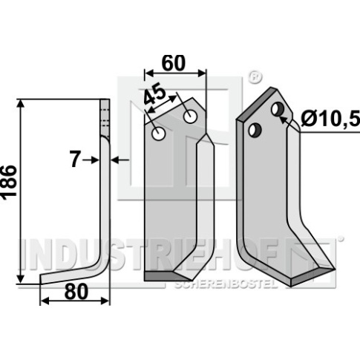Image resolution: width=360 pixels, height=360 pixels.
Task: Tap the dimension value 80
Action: [76, 292]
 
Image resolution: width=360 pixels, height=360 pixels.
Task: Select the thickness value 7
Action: [74, 160]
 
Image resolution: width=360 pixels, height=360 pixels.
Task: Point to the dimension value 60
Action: [173, 63]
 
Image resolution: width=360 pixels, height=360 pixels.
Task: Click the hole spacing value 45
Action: [155, 95]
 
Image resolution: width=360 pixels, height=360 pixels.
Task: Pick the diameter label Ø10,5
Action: [330, 120]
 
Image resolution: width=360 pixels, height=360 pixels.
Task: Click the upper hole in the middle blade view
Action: [190, 117]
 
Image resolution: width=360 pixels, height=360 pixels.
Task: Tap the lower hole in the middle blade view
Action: [159, 134]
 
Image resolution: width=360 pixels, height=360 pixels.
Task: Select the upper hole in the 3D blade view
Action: [278, 109]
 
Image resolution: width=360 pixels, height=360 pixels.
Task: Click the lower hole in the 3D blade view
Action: [255, 130]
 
